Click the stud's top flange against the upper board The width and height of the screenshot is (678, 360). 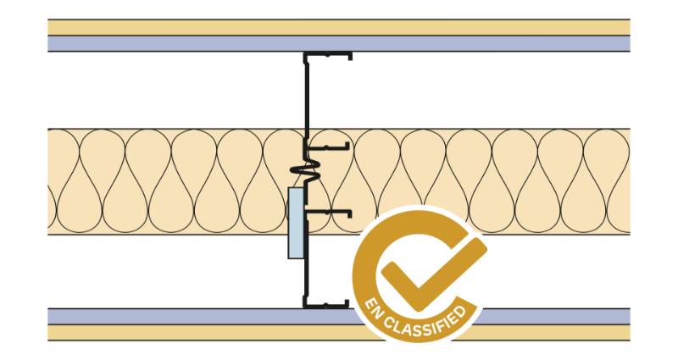[327, 55]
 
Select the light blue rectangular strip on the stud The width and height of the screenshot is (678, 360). [295, 223]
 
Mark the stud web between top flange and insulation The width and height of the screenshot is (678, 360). [306, 93]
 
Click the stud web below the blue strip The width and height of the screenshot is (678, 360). [306, 280]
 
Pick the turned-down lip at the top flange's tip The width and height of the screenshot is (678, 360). [348, 58]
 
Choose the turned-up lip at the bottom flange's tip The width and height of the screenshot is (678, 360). [347, 302]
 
